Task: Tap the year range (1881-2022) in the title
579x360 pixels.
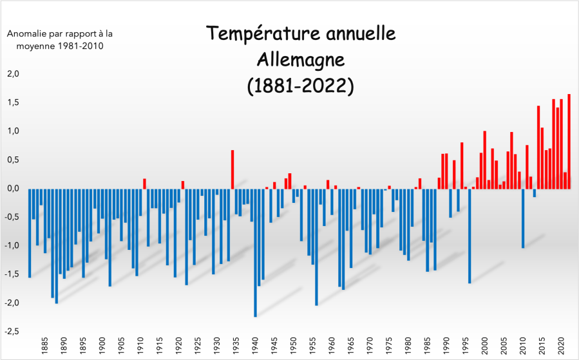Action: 300,86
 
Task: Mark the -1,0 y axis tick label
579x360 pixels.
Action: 13,245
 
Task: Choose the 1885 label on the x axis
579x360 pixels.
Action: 44,345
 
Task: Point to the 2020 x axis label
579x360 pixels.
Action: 561,345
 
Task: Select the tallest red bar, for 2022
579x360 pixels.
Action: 569,142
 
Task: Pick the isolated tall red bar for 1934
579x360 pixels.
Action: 233,169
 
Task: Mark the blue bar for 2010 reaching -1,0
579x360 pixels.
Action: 523,218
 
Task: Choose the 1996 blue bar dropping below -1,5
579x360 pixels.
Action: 470,236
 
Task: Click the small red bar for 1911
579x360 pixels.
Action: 144,184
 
